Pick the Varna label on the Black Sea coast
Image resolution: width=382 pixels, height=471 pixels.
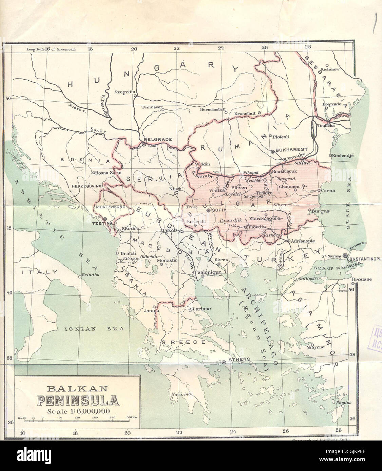coord(328,191)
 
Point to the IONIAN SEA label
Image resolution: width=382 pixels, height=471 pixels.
coord(95,329)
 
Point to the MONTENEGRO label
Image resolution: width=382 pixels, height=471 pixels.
coord(106,207)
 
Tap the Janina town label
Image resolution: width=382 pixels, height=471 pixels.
coord(151,310)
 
